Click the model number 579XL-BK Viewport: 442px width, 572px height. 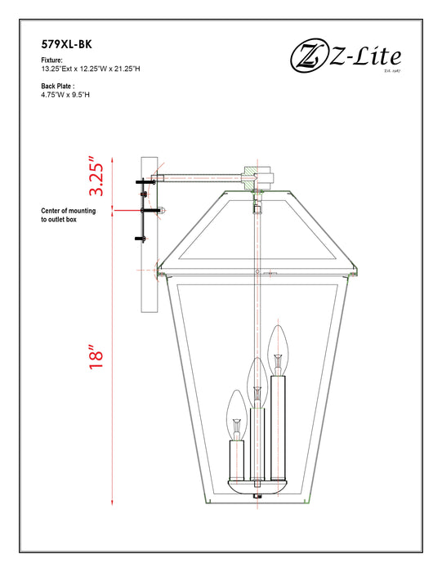[71, 47]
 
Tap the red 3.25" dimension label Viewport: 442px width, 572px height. [97, 179]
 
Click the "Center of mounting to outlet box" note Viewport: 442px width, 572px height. [69, 216]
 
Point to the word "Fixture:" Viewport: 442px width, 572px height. [53, 61]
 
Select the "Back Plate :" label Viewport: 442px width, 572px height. [58, 86]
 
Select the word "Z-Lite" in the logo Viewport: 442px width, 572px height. [368, 57]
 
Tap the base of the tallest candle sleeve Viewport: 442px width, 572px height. [279, 478]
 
